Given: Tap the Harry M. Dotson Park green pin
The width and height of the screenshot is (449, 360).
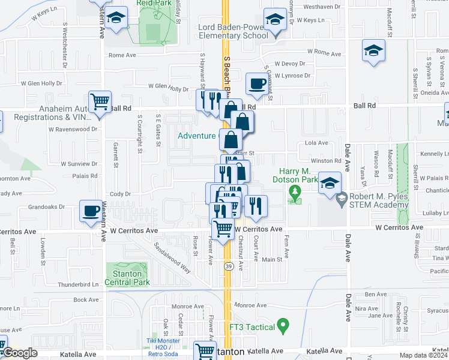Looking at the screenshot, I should pos(294,192).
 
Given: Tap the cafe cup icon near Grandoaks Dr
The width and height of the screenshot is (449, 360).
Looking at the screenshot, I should pos(91,211).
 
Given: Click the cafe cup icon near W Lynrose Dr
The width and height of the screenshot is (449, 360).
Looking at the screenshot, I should pos(257,84).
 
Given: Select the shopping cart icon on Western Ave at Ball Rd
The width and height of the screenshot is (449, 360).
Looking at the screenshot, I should pos(100,101).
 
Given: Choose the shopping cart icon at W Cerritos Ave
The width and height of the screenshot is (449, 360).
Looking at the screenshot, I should pos(223,228).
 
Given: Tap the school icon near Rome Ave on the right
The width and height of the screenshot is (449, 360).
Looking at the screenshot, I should pos(373,50).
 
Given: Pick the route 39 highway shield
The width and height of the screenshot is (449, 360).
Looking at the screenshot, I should pos(229,265).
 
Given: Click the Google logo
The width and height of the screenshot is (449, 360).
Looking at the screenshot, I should pos(19,353).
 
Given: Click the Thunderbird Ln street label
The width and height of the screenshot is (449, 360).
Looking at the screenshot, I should pos(77,284).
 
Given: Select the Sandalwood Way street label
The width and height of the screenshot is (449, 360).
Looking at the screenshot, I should pos(172,257).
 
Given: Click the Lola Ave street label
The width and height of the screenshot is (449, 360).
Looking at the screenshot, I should pos(316,143).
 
